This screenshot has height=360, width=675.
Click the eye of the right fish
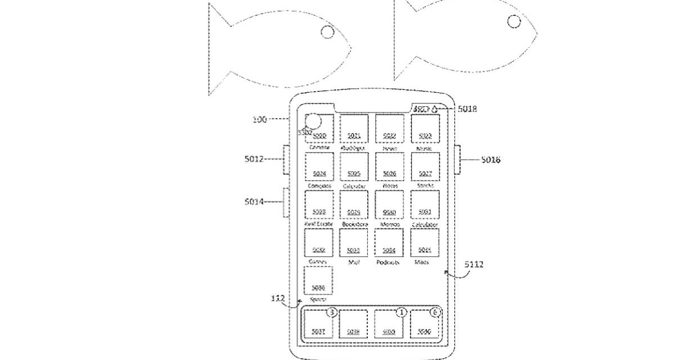(514, 21)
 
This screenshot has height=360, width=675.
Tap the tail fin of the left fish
(220, 50)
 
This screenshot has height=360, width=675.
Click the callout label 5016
(490, 160)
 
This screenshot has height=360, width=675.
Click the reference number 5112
(474, 264)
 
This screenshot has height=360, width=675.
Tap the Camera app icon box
(319, 128)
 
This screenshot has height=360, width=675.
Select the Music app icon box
(425, 128)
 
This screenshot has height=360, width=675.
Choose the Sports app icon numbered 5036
(319, 281)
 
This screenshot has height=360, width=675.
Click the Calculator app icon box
(425, 205)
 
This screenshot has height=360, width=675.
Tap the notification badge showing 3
(332, 312)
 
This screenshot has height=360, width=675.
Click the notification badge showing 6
(434, 312)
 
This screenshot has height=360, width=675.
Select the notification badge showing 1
(401, 312)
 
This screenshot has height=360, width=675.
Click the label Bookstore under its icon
(354, 224)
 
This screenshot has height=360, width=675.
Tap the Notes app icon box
(389, 166)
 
